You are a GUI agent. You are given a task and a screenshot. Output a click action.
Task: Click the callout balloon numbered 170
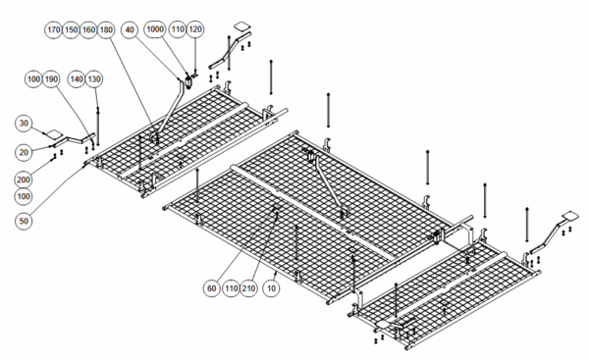[x=54, y=29]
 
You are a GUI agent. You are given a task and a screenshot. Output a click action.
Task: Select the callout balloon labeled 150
[x=71, y=29]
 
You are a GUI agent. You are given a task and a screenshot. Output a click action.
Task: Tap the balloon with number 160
[x=88, y=29]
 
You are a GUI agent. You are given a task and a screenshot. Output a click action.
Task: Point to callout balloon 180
[x=106, y=29]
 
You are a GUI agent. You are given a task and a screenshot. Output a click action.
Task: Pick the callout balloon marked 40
[x=130, y=29]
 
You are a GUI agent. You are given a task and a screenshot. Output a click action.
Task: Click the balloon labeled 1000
[x=155, y=29]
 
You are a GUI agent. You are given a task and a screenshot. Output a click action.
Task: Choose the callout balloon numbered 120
[x=195, y=29]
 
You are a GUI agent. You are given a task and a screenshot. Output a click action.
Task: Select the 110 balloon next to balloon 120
[x=178, y=29]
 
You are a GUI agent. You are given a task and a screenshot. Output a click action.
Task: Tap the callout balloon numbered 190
[x=51, y=79]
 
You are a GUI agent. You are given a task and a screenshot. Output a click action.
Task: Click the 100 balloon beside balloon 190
[x=33, y=79]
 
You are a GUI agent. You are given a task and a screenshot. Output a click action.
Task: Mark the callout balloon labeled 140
[x=77, y=79]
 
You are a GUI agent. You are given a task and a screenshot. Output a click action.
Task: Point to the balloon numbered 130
[x=94, y=79]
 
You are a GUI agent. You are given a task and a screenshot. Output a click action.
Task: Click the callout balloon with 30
[x=24, y=124]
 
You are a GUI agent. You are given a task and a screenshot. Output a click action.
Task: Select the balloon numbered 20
[x=24, y=152]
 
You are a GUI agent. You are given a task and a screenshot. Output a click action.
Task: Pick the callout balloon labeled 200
[x=24, y=180]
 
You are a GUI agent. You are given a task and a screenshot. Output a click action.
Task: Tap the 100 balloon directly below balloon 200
[x=24, y=196]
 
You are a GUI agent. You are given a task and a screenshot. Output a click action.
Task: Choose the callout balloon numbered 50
[x=24, y=221]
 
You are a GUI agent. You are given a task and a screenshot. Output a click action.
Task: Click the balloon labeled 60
[x=212, y=288]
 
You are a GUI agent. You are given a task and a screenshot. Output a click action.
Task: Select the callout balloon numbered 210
[x=248, y=288]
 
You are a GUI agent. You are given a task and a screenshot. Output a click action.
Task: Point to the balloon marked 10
[x=271, y=288]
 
